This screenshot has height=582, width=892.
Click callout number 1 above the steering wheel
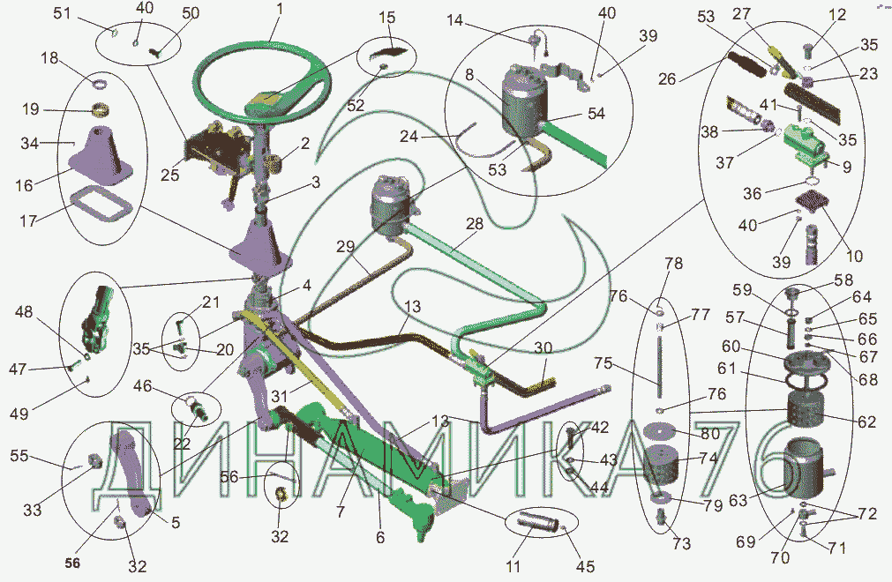pyautogui.click(x=279, y=9)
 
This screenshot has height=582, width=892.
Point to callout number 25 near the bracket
pyautogui.click(x=169, y=175)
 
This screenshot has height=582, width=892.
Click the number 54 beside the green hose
pyautogui.click(x=596, y=114)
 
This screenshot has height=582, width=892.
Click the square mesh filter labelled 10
pyautogui.click(x=810, y=202)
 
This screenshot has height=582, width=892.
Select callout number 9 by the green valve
pyautogui.click(x=846, y=167)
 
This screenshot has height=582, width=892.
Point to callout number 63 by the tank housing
pyautogui.click(x=738, y=501)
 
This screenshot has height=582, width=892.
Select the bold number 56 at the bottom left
pyautogui.click(x=72, y=563)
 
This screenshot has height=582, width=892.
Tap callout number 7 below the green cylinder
pyautogui.click(x=341, y=511)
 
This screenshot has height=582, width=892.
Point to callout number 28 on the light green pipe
pyautogui.click(x=475, y=224)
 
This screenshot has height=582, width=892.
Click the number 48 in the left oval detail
pyautogui.click(x=24, y=312)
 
